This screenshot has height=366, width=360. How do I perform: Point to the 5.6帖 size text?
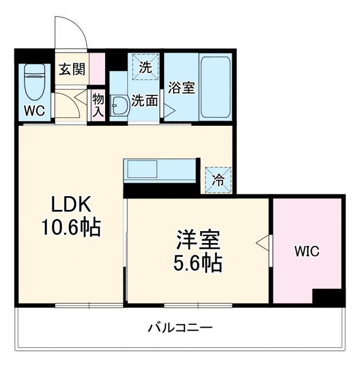(x=198, y=264)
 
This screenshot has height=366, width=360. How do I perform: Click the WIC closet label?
(x=306, y=250)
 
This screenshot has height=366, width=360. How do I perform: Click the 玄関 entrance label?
(x=73, y=69)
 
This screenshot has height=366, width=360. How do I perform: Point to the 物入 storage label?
(x=98, y=105)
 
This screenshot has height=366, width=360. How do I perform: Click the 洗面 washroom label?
(x=144, y=101)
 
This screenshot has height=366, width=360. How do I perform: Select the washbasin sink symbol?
(x=119, y=106)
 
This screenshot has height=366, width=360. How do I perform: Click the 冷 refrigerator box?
(x=218, y=179)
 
